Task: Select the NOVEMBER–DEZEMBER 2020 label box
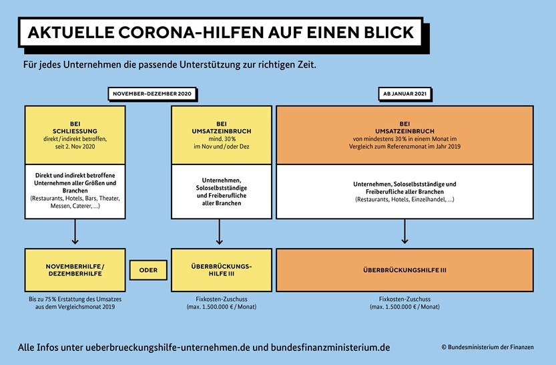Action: [x=152, y=94]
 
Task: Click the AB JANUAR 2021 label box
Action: [x=404, y=94]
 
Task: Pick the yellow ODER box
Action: [x=148, y=270]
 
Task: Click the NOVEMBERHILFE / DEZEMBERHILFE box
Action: [x=75, y=270]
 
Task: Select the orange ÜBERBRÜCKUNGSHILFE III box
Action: [x=404, y=270]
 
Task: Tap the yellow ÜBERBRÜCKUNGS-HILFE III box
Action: [x=222, y=270]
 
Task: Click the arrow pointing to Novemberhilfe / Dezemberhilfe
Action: [x=75, y=231]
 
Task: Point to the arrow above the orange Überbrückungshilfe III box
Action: [x=404, y=231]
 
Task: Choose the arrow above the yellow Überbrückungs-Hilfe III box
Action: [x=219, y=231]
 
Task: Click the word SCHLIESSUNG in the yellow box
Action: [x=75, y=131]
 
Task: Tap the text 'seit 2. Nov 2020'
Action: [x=75, y=146]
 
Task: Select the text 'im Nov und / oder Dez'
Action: [x=222, y=146]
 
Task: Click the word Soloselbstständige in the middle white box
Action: [x=222, y=188]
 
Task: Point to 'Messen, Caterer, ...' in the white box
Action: [x=75, y=206]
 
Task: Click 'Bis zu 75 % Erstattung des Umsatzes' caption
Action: [x=75, y=299]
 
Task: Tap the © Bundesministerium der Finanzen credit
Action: [x=487, y=347]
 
